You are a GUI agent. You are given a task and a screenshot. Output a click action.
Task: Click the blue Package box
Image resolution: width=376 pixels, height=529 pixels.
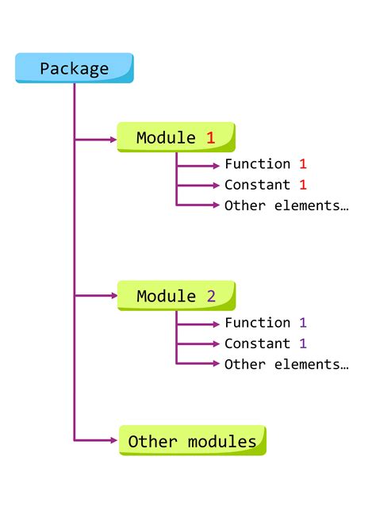pos(75,68)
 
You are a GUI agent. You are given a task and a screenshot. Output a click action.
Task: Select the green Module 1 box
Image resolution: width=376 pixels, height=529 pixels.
pos(176,137)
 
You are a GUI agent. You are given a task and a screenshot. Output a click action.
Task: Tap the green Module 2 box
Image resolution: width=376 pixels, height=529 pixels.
pos(176,296)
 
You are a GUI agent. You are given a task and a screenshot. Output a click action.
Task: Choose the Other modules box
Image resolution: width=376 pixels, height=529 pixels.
pos(193,441)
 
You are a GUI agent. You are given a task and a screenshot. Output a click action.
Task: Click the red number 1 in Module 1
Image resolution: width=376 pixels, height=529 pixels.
pos(210,137)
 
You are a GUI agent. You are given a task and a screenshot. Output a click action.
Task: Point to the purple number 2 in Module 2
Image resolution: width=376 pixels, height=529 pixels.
pos(210,296)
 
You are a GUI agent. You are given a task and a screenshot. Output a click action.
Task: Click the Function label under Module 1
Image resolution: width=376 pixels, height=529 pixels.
pos(258,164)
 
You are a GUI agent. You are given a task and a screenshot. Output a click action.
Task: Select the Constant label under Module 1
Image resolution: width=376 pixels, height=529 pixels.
pos(258,185)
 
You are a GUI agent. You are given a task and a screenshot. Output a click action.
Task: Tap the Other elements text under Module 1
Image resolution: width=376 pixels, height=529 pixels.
pos(286,205)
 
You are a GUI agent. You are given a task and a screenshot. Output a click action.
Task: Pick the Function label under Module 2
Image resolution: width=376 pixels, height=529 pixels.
pos(258,323)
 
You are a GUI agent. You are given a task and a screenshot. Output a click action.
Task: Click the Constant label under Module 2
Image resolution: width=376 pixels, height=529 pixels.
pos(258,343)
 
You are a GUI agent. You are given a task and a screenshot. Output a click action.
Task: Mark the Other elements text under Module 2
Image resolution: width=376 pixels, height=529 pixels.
pos(286,364)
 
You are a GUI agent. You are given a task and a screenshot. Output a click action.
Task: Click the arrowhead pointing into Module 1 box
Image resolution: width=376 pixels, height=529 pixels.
pos(113,140)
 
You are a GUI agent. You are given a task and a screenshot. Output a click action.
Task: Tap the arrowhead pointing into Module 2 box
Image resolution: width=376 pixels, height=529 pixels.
pos(113,296)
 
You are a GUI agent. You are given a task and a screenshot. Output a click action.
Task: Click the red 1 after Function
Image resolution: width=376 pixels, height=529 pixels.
pos(302,164)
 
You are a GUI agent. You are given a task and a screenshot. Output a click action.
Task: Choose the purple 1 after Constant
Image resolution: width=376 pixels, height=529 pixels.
pos(302,343)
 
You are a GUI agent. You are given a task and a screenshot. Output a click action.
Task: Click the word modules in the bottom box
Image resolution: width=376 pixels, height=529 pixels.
pos(222,441)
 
